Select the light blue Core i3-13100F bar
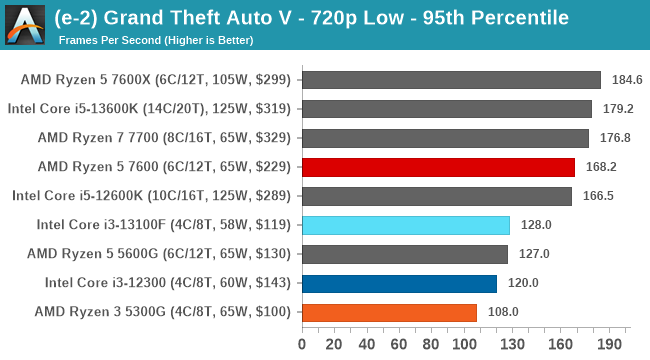pyautogui.click(x=405, y=225)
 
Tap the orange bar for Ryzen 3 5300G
pyautogui.click(x=389, y=312)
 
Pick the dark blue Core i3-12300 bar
pyautogui.click(x=399, y=283)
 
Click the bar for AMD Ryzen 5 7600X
pyautogui.click(x=451, y=80)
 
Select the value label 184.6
pyautogui.click(x=626, y=80)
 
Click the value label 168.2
pyautogui.click(x=599, y=167)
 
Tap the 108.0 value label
pyautogui.click(x=502, y=312)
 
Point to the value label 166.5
pyautogui.click(x=597, y=196)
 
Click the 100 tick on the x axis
pyautogui.click(x=465, y=344)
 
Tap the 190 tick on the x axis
pyautogui.click(x=611, y=344)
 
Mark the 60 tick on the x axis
pyautogui.click(x=400, y=344)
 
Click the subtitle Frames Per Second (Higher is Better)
pyautogui.click(x=156, y=40)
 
